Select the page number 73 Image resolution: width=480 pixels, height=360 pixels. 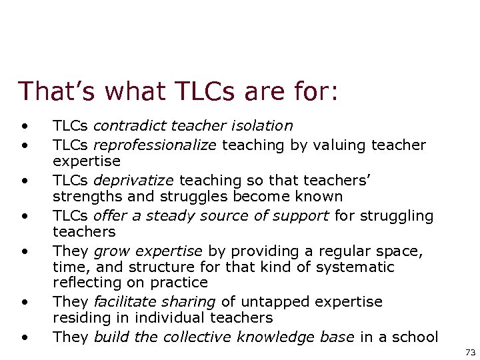click(x=470, y=351)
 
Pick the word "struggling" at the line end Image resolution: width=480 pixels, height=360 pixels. click(x=401, y=215)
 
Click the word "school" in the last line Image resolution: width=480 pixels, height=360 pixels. click(x=415, y=337)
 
